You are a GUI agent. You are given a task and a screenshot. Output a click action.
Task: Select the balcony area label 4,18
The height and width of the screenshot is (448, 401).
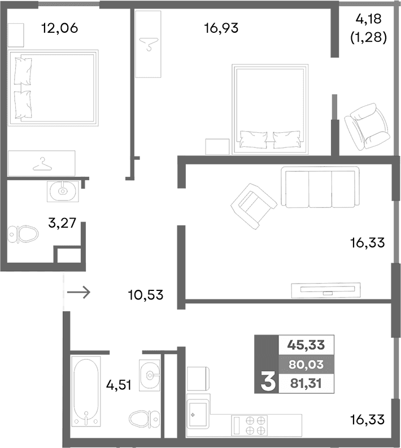pos(368,20)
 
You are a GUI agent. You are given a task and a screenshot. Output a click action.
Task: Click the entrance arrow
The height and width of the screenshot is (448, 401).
pos(79,292)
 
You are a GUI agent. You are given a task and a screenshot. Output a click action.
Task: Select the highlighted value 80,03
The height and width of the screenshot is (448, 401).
pos(306,364)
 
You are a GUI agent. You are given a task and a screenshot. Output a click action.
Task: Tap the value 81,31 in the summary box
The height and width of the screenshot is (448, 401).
pos(306,384)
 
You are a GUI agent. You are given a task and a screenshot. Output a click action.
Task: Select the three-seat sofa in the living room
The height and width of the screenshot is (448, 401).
pos(321,189)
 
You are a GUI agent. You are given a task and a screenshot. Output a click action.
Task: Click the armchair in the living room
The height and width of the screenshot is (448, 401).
pos(252,203)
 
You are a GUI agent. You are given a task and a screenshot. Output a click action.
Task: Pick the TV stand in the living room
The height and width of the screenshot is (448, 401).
pos(324,290)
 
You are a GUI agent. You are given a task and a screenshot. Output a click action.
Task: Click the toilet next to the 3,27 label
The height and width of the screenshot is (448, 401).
pos(23,233)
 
